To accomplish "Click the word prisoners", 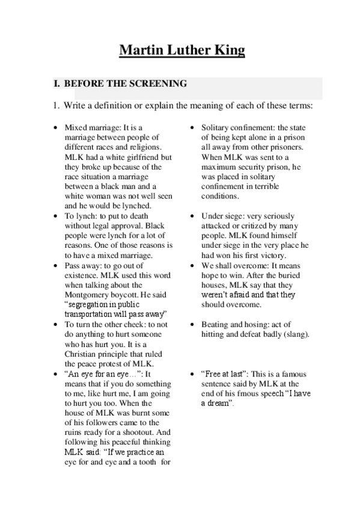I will [285, 147].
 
